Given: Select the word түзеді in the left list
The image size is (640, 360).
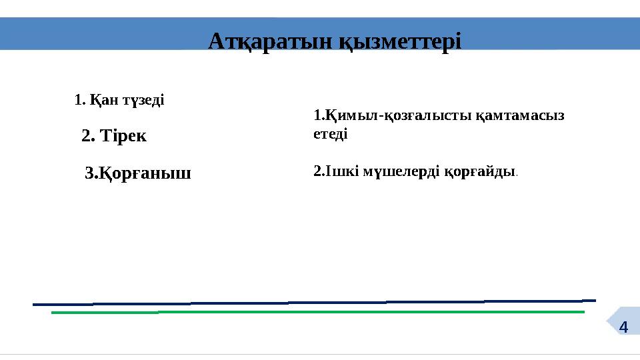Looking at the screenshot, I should click(141, 101).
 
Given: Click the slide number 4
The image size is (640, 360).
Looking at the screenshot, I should click(623, 327).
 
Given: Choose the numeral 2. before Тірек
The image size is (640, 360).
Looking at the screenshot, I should click(87, 137).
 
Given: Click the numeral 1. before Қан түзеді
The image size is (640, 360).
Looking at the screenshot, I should click(79, 101).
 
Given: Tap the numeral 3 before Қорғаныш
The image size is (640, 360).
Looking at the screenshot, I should click(91, 175).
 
